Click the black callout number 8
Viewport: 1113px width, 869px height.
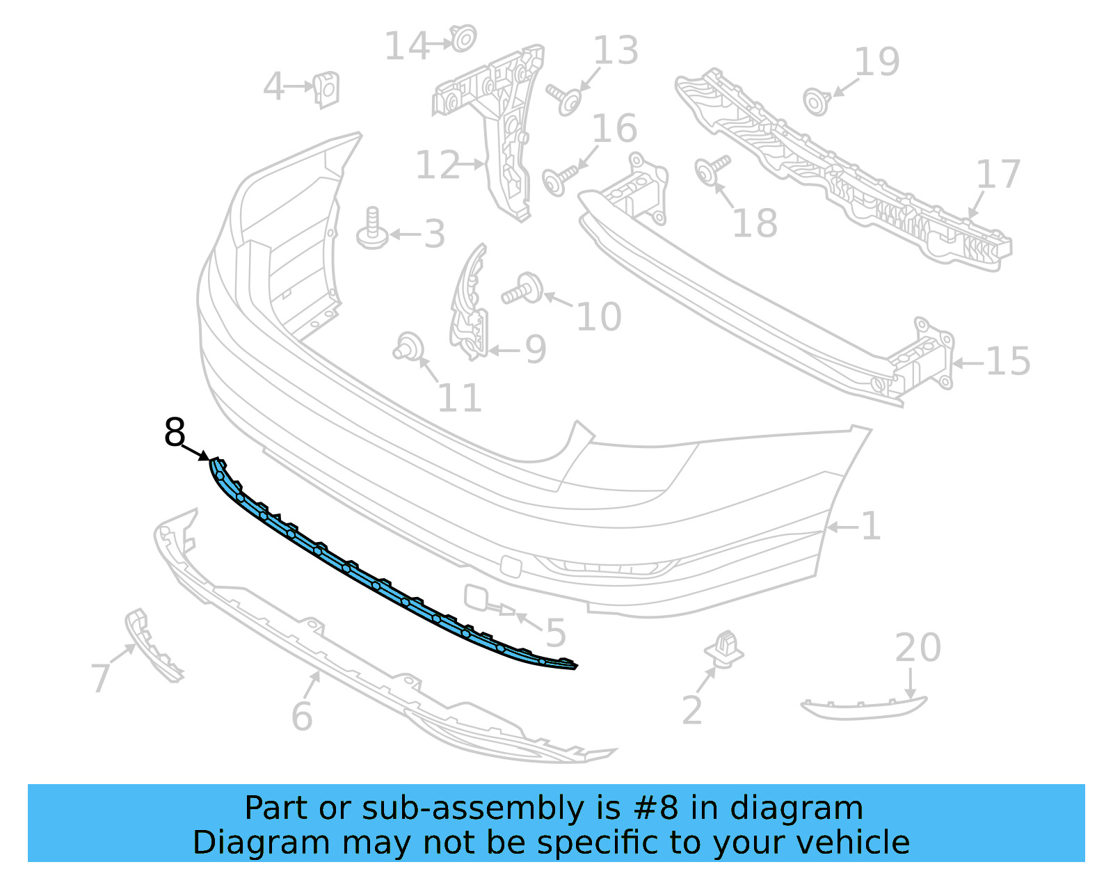tap(175, 433)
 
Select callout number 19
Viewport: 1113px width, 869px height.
tap(876, 62)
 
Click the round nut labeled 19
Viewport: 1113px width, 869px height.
tap(815, 102)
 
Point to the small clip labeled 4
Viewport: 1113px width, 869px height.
tap(326, 90)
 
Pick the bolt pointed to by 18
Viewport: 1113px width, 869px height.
tap(710, 170)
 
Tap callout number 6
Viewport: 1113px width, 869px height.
tap(302, 716)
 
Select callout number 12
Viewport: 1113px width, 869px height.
tap(438, 166)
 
